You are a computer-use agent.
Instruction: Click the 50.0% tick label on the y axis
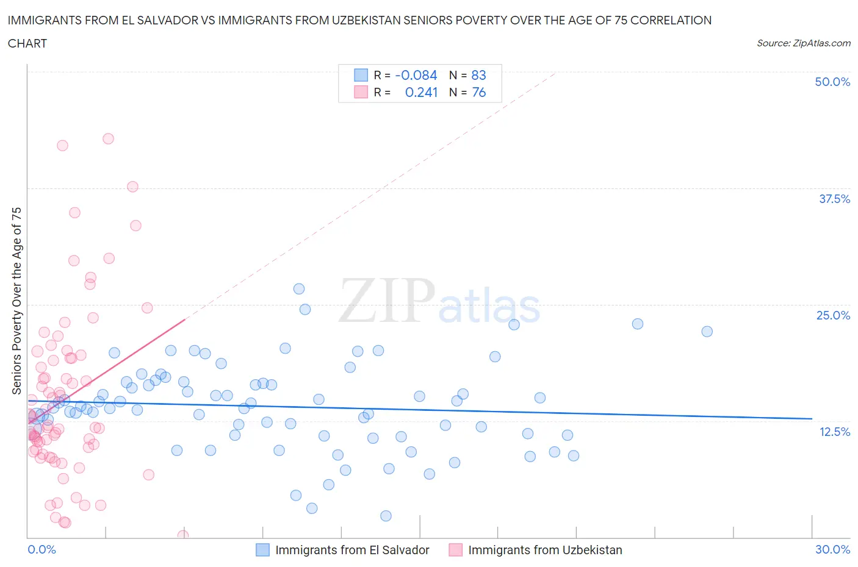pos(832,82)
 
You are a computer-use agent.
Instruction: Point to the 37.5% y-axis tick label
pos(834,199)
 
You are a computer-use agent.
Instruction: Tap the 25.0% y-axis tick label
pos(833,315)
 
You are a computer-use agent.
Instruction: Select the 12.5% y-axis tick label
pos(834,432)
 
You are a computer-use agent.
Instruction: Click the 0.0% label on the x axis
pos(41,549)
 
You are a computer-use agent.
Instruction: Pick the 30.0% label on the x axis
pos(832,549)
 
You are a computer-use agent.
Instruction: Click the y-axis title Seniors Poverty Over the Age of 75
pos(16,301)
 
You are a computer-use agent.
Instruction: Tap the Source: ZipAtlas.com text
pos(803,43)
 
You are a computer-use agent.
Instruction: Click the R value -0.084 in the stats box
pos(416,75)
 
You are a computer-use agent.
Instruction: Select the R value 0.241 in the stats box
pos(421,92)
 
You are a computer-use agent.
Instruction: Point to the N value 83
pos(478,75)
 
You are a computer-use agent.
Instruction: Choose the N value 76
pos(478,92)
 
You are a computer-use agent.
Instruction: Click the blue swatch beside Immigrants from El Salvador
pos(262,550)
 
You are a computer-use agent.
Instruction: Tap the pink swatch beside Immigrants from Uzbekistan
pos(455,550)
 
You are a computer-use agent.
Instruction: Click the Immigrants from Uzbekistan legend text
pos(544,550)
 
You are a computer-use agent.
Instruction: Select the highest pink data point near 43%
pos(108,138)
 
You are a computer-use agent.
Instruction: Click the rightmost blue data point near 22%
pos(707,332)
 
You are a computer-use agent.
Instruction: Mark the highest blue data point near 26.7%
pos(299,289)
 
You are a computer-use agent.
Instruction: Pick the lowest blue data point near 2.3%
pos(386,516)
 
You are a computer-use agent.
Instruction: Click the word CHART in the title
pos(27,43)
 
